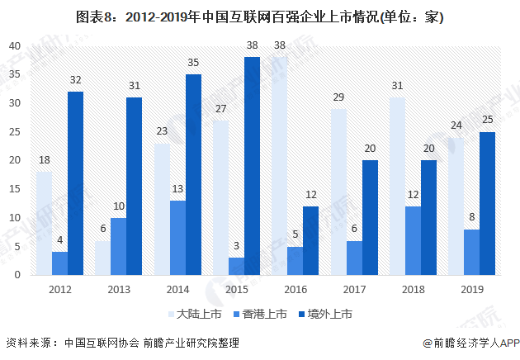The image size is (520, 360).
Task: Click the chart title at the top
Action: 259,17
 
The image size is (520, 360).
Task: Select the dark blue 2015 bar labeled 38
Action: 252,165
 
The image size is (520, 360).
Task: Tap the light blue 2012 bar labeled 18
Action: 44,223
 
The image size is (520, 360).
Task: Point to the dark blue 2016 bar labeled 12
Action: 311,240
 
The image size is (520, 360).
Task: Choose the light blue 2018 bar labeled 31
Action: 397,186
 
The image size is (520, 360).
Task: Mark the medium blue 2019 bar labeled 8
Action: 471,252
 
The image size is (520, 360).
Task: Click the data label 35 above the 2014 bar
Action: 193,62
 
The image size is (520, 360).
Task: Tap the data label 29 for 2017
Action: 338,97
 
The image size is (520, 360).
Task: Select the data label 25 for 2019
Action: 487,119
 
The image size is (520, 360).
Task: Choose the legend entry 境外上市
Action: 326,314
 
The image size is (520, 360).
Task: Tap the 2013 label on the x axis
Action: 118,289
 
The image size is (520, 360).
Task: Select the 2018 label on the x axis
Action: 413,289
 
